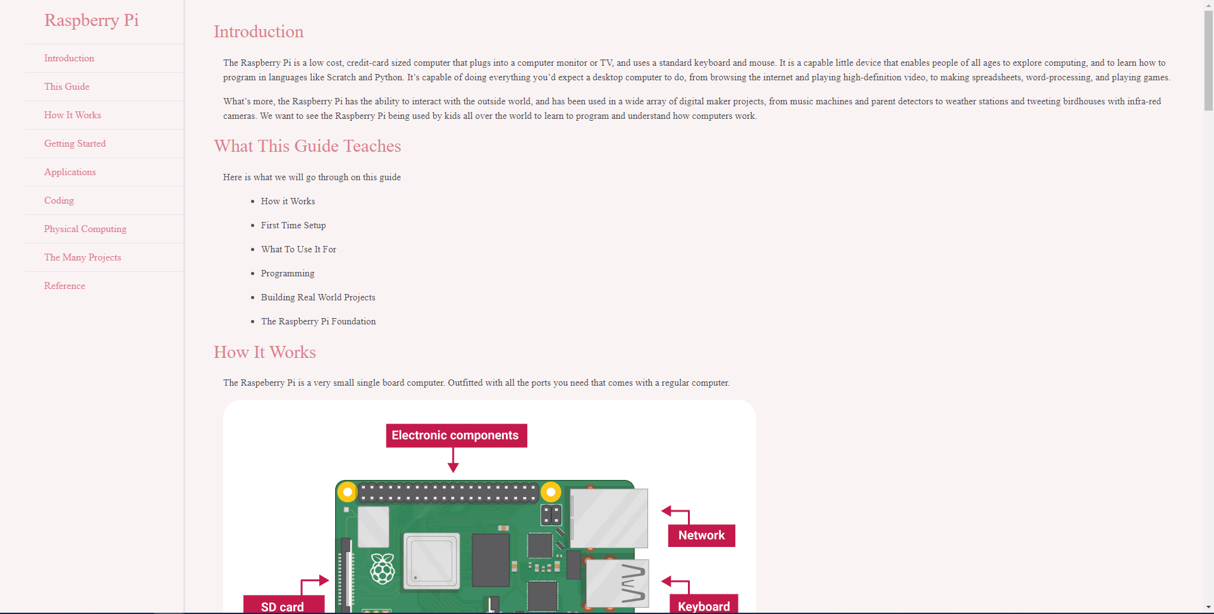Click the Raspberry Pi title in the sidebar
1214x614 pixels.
pyautogui.click(x=91, y=20)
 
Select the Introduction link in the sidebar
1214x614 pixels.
pyautogui.click(x=69, y=58)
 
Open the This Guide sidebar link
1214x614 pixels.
pyautogui.click(x=66, y=87)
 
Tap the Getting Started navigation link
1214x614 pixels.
pyautogui.click(x=75, y=144)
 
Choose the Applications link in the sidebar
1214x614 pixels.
pyautogui.click(x=70, y=172)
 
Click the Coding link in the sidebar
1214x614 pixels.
pyautogui.click(x=59, y=200)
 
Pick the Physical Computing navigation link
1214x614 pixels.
pyautogui.click(x=85, y=229)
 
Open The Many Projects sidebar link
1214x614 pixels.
pyautogui.click(x=82, y=257)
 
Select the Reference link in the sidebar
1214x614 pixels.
pyautogui.click(x=64, y=286)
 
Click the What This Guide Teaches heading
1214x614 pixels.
pyautogui.click(x=307, y=146)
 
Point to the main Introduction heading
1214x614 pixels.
pyautogui.click(x=258, y=32)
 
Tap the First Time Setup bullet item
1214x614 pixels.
pyautogui.click(x=293, y=225)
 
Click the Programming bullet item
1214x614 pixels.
pyautogui.click(x=287, y=273)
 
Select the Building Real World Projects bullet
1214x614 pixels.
pyautogui.click(x=318, y=297)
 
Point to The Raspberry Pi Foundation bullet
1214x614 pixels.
pyautogui.click(x=318, y=321)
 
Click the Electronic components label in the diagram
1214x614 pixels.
pyautogui.click(x=455, y=436)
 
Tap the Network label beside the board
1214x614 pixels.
pyautogui.click(x=701, y=536)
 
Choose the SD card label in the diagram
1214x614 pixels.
pyautogui.click(x=283, y=606)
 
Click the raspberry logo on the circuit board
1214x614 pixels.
pyautogui.click(x=383, y=568)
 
